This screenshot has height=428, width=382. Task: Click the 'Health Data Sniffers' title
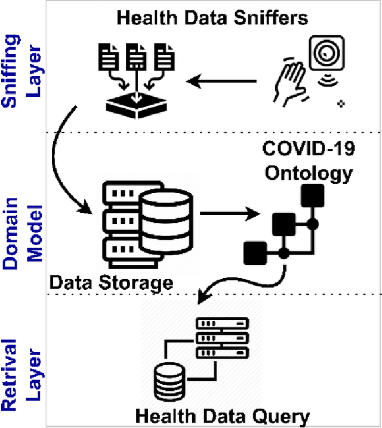(x=212, y=17)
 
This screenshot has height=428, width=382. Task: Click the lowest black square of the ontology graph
(x=255, y=253)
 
